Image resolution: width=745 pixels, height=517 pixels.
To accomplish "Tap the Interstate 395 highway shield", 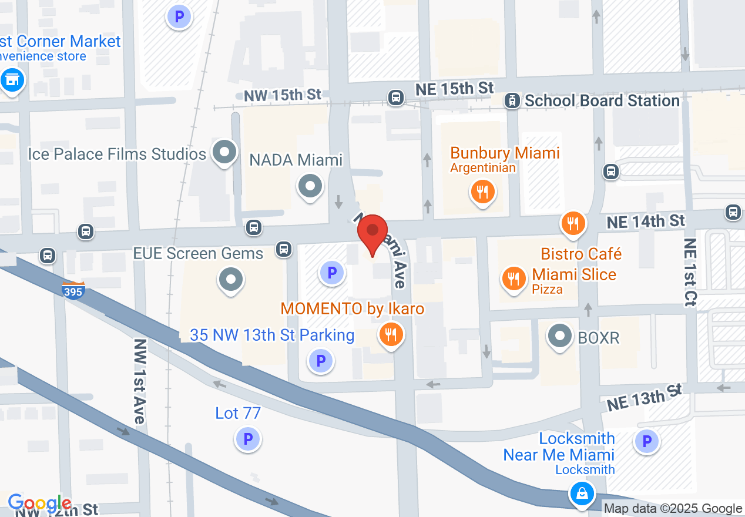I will (73, 290).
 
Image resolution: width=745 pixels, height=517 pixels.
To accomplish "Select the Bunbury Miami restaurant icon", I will (482, 192).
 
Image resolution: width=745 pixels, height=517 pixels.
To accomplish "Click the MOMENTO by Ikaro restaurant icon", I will (390, 335).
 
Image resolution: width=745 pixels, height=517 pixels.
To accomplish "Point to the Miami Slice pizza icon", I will (515, 278).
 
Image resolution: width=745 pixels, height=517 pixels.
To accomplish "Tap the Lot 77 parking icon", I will (247, 438).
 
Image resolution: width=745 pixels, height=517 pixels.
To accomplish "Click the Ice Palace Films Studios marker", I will (224, 153).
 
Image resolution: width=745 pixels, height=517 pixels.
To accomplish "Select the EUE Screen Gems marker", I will (230, 280).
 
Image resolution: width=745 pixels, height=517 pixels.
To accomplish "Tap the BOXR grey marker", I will (559, 337).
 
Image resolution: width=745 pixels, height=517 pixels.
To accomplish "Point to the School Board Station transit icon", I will (512, 101).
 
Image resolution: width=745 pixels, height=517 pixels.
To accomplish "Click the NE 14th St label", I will (646, 221).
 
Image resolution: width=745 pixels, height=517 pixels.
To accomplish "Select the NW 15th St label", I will (282, 95).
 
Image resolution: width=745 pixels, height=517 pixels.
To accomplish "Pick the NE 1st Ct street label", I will (691, 271).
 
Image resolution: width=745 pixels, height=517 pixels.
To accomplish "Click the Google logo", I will (39, 503).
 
